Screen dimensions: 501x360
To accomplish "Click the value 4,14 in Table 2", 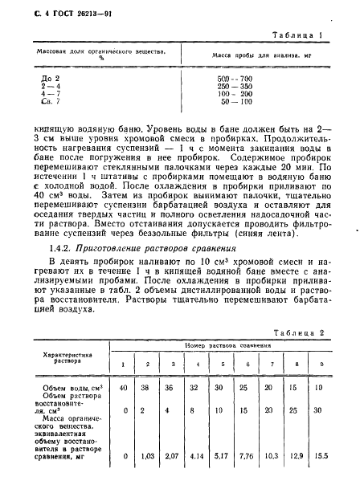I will point(195,455).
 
